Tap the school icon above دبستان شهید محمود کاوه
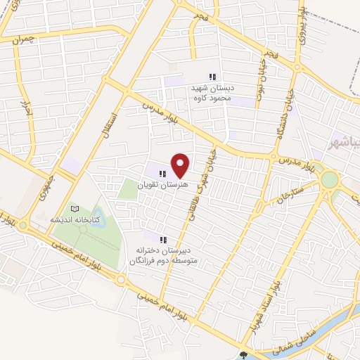point(212,77)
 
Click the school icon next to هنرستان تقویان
point(162,174)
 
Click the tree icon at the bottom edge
point(243,356)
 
